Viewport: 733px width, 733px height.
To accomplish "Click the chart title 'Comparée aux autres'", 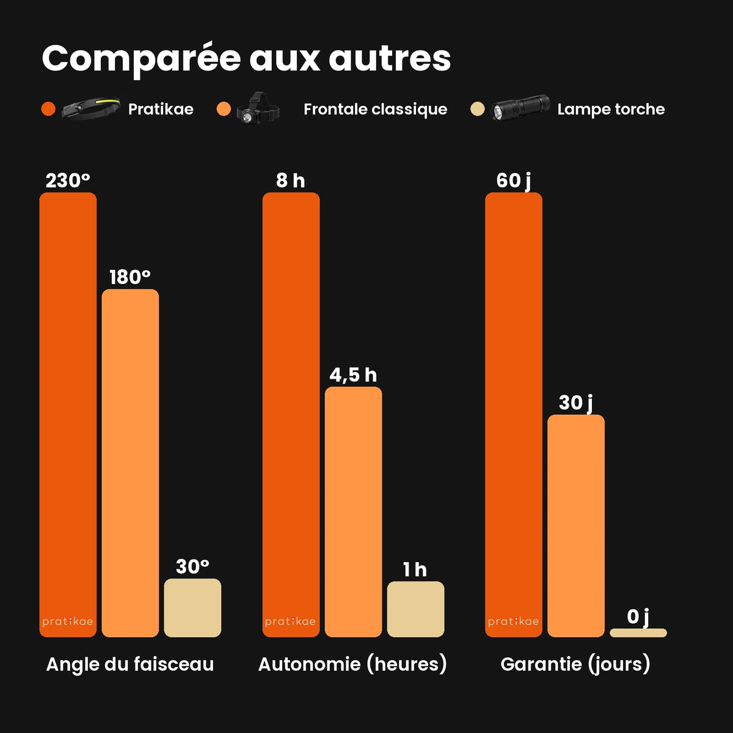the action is click(x=246, y=59).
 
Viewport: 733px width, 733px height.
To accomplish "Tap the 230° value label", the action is click(x=68, y=180).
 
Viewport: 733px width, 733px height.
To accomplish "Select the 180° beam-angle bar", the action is click(x=130, y=463).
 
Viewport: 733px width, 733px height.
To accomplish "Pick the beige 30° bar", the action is click(x=192, y=608).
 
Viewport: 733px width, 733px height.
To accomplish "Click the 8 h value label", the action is click(x=291, y=180).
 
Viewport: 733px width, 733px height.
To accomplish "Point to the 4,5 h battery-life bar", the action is click(x=354, y=512).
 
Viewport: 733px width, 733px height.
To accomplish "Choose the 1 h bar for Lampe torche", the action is click(x=416, y=610).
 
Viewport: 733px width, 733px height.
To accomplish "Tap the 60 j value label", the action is click(x=514, y=181).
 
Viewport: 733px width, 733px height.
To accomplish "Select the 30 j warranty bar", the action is click(x=576, y=526).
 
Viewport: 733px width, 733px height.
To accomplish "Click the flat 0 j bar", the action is click(x=638, y=633).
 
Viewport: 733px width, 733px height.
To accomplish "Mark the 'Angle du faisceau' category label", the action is click(x=130, y=664).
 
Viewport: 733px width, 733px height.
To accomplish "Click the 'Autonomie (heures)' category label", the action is click(x=352, y=665).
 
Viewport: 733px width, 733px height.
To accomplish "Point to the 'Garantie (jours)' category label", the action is click(x=575, y=665).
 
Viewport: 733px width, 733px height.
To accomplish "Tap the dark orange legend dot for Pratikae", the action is click(x=48, y=109).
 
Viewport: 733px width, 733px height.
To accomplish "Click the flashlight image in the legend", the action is click(x=520, y=108).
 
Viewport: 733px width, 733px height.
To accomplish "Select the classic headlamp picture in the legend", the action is click(x=258, y=108).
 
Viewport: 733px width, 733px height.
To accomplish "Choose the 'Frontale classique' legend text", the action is click(x=376, y=109).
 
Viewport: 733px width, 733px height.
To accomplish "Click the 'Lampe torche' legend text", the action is click(x=611, y=109).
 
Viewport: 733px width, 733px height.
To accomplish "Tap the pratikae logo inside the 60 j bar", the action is click(x=514, y=622).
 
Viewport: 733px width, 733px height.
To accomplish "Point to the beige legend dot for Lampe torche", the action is click(x=478, y=109).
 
